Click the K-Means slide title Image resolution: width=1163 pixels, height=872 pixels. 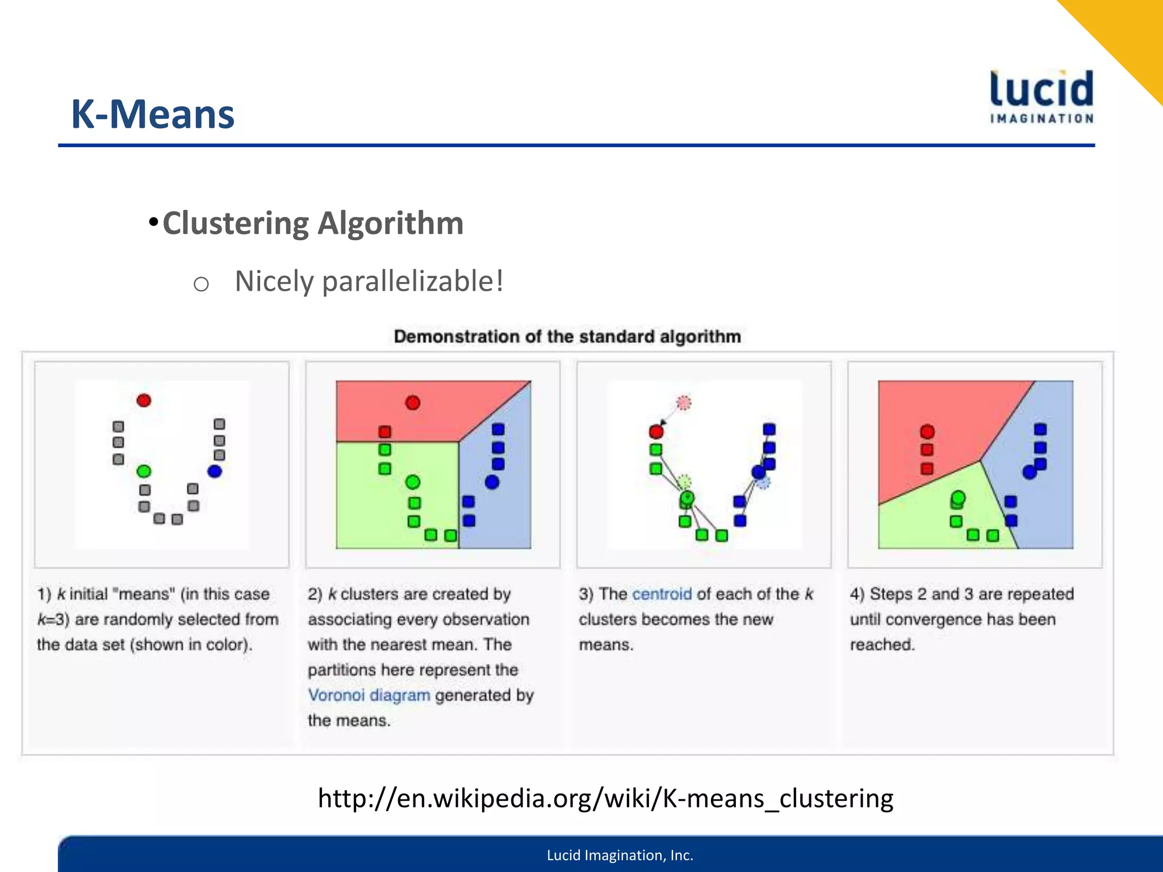[152, 114]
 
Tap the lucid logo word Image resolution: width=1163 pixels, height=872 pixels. [1041, 90]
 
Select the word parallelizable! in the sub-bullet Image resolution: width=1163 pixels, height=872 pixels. [413, 282]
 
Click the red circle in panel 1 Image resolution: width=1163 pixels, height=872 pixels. [144, 401]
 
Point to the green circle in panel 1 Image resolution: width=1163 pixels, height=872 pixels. [144, 471]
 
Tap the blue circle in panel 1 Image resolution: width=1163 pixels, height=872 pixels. [215, 471]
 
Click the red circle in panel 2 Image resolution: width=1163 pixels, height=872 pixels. [413, 403]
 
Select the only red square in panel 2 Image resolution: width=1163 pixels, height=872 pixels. [385, 432]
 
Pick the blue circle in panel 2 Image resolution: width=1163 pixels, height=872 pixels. [492, 482]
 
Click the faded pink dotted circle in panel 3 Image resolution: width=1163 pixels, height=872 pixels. [684, 403]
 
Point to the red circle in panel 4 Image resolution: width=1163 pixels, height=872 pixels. [927, 432]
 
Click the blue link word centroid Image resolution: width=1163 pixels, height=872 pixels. [662, 594]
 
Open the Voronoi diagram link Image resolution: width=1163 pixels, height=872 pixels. [369, 695]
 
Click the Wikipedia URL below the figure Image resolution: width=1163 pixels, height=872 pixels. [605, 798]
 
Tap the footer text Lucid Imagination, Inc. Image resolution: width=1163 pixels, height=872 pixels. [620, 855]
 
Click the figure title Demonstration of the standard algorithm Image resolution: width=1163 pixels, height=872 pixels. [567, 337]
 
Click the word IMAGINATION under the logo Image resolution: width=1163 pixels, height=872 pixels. [1041, 119]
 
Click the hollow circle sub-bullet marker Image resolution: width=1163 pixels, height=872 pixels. [201, 284]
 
